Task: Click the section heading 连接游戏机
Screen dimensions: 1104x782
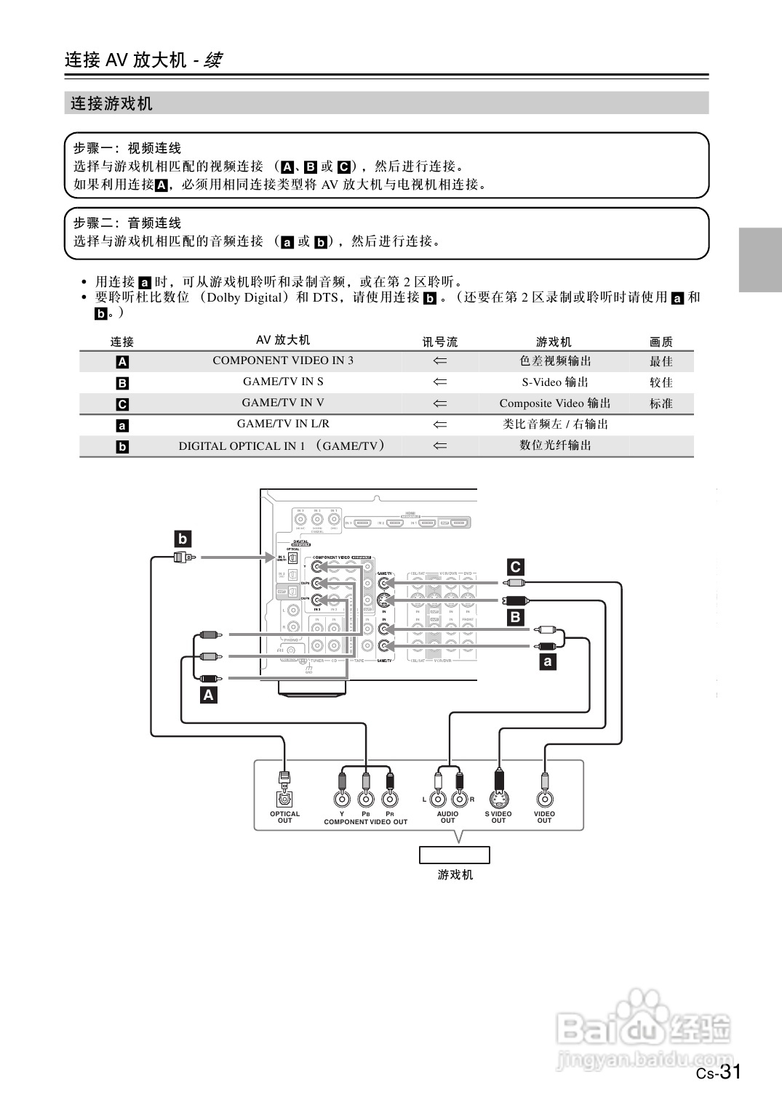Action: pyautogui.click(x=111, y=104)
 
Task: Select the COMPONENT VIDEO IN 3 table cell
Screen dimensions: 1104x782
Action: pyautogui.click(x=283, y=360)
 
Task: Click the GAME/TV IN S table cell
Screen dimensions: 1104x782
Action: pyautogui.click(x=283, y=382)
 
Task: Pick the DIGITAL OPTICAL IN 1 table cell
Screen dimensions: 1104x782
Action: pyautogui.click(x=282, y=446)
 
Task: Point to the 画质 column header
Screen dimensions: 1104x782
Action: pyautogui.click(x=661, y=341)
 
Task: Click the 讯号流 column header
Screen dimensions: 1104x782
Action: pyautogui.click(x=440, y=341)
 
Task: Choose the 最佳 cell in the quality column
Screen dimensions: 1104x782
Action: pyautogui.click(x=661, y=361)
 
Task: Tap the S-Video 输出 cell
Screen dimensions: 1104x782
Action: pyautogui.click(x=554, y=382)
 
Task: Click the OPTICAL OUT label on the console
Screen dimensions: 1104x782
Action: pyautogui.click(x=284, y=817)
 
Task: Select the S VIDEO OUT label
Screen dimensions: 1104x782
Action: pyautogui.click(x=498, y=817)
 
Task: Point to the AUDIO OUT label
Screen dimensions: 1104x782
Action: pyautogui.click(x=447, y=817)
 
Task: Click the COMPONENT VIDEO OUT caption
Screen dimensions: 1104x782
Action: pyautogui.click(x=365, y=822)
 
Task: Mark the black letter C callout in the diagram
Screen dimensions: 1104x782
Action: pyautogui.click(x=515, y=567)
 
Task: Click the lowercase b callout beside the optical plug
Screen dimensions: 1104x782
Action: pyautogui.click(x=183, y=539)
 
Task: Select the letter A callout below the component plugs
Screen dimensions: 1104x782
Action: pyautogui.click(x=209, y=695)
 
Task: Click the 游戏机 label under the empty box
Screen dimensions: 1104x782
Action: pyautogui.click(x=455, y=874)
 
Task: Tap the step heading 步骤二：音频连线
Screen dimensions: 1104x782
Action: pyautogui.click(x=127, y=223)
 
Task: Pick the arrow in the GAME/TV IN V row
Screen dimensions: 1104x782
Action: pyautogui.click(x=440, y=403)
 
